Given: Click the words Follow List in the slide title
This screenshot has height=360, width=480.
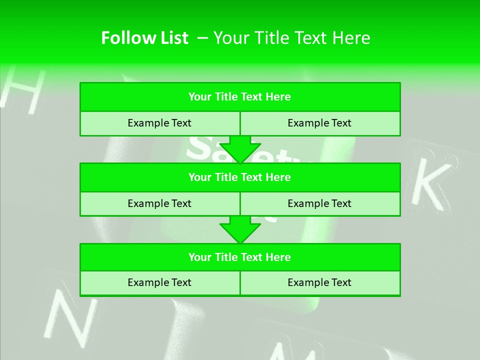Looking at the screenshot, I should tap(144, 38).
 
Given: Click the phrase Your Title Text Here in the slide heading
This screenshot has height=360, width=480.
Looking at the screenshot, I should tap(292, 38).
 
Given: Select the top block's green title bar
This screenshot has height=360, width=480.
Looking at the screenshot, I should tap(240, 97).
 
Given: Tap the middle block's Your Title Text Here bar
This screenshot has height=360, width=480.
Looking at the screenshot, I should tap(240, 177).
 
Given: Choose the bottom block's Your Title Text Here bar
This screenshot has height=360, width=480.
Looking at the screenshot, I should tap(240, 257).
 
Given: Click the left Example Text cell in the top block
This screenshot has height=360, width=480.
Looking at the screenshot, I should tap(159, 123).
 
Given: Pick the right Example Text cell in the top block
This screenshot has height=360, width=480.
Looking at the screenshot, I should tap(320, 123).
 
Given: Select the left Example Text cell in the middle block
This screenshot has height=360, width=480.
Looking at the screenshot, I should tap(159, 203).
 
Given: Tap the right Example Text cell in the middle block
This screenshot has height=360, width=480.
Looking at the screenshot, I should tap(320, 203).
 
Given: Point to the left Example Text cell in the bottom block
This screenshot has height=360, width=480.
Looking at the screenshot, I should tap(159, 282).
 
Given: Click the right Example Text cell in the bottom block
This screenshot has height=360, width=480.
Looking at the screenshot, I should tap(320, 282).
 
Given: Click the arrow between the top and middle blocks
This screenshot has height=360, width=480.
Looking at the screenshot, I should tap(240, 149).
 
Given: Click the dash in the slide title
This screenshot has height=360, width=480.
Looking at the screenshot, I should tap(203, 38).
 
